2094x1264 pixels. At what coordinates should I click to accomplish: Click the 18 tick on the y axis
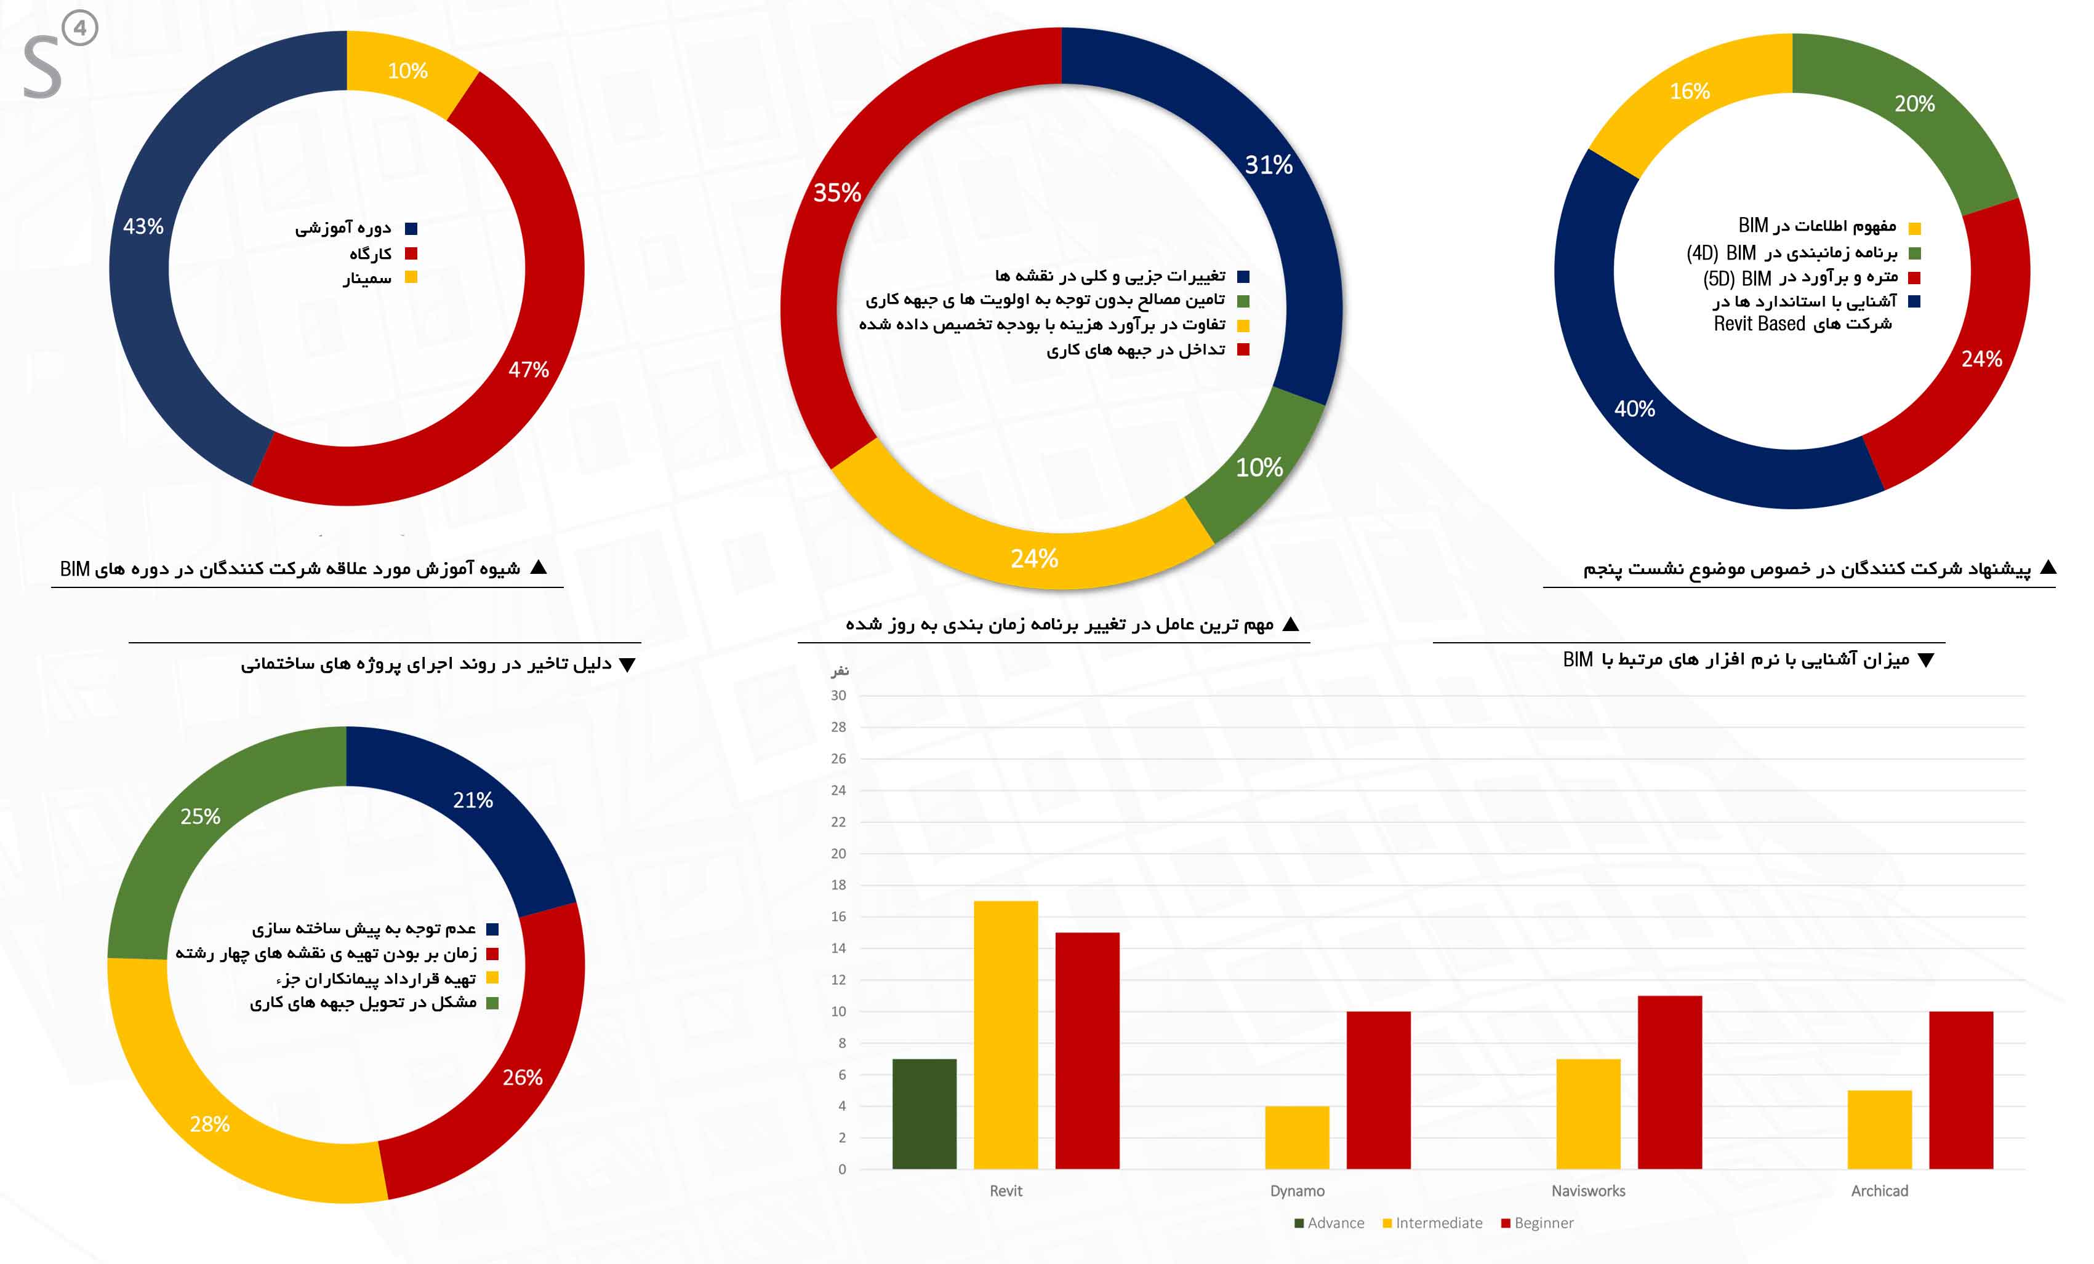(x=838, y=885)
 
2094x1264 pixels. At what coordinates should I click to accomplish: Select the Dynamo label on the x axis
(x=1297, y=1191)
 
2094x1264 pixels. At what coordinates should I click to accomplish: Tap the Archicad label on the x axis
(x=1879, y=1191)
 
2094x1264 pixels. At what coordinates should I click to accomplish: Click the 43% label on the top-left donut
(x=143, y=227)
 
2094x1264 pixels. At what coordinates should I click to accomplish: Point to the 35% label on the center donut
(x=837, y=193)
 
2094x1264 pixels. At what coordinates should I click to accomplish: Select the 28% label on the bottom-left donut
(x=210, y=1124)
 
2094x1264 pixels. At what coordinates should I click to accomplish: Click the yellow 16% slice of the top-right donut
(x=1687, y=93)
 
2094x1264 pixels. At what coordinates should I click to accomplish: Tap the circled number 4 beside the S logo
(x=80, y=28)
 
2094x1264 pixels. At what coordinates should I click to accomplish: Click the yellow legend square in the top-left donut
(x=411, y=277)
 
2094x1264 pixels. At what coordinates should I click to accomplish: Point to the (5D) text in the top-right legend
(x=1717, y=279)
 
